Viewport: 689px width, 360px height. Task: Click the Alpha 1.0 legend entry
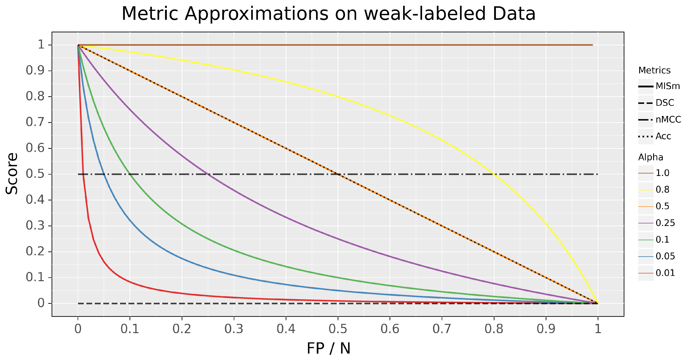pos(654,173)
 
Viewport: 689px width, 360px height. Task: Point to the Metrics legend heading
pos(654,71)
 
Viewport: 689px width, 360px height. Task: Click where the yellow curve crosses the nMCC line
pos(494,174)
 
